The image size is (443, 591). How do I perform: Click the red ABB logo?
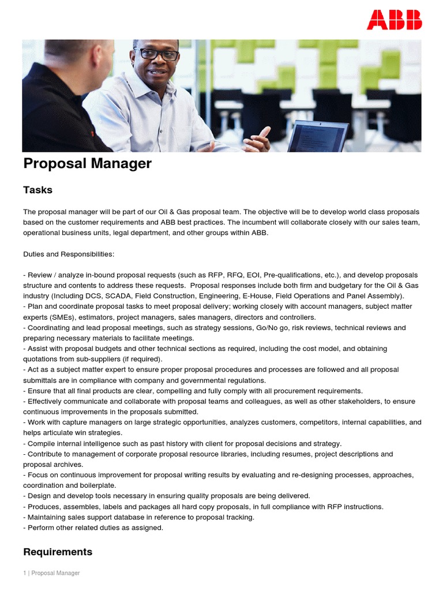[x=395, y=20]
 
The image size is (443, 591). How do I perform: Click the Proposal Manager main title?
[x=87, y=163]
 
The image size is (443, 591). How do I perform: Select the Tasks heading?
[x=37, y=190]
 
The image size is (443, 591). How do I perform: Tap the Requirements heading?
[x=58, y=552]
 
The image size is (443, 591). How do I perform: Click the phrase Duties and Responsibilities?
[x=69, y=254]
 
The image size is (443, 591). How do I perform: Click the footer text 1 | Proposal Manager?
[x=51, y=573]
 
